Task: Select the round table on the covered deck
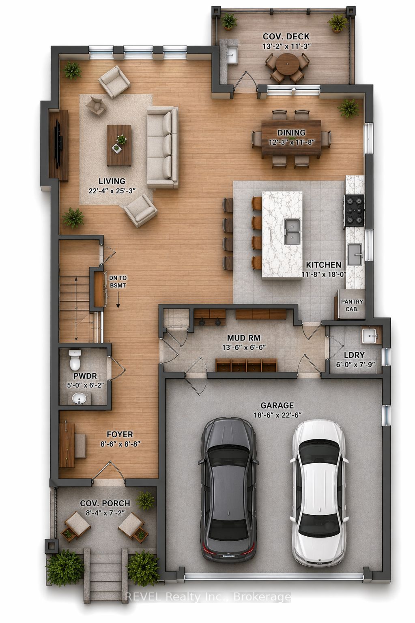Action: [x=287, y=63]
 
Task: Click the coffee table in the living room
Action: [x=119, y=145]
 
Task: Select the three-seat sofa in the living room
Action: [x=163, y=148]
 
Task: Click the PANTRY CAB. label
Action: [x=352, y=305]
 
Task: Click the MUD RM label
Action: [x=244, y=338]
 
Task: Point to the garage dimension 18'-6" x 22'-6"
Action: [x=278, y=415]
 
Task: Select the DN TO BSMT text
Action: [x=118, y=281]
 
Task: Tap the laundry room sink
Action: [x=370, y=336]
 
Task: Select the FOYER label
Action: [x=120, y=435]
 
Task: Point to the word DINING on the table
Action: [x=291, y=133]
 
